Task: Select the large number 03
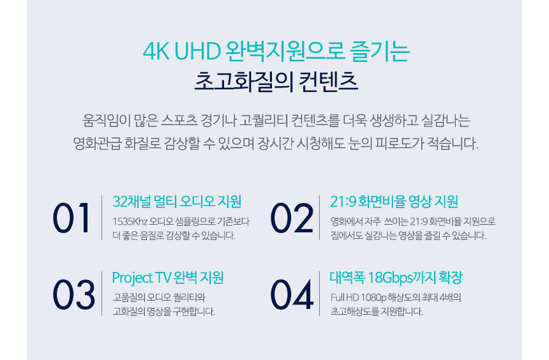point(73,294)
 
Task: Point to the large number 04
point(292,294)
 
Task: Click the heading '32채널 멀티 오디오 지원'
point(177,202)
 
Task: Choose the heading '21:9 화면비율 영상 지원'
point(395,202)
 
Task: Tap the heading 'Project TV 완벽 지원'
point(167,278)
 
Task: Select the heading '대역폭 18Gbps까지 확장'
point(396,278)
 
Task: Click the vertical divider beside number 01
point(102,218)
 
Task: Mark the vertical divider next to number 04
point(320,294)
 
